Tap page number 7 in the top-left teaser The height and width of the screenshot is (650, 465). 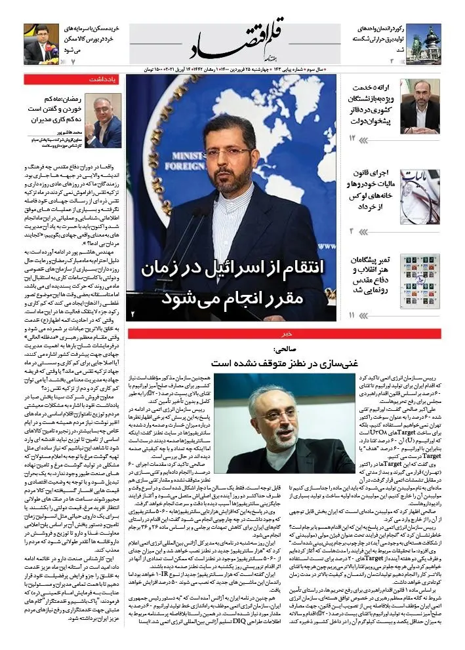74,60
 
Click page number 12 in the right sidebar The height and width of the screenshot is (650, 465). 353,138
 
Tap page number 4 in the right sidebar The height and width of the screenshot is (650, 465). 352,231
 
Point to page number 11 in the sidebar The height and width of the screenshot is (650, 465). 352,315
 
